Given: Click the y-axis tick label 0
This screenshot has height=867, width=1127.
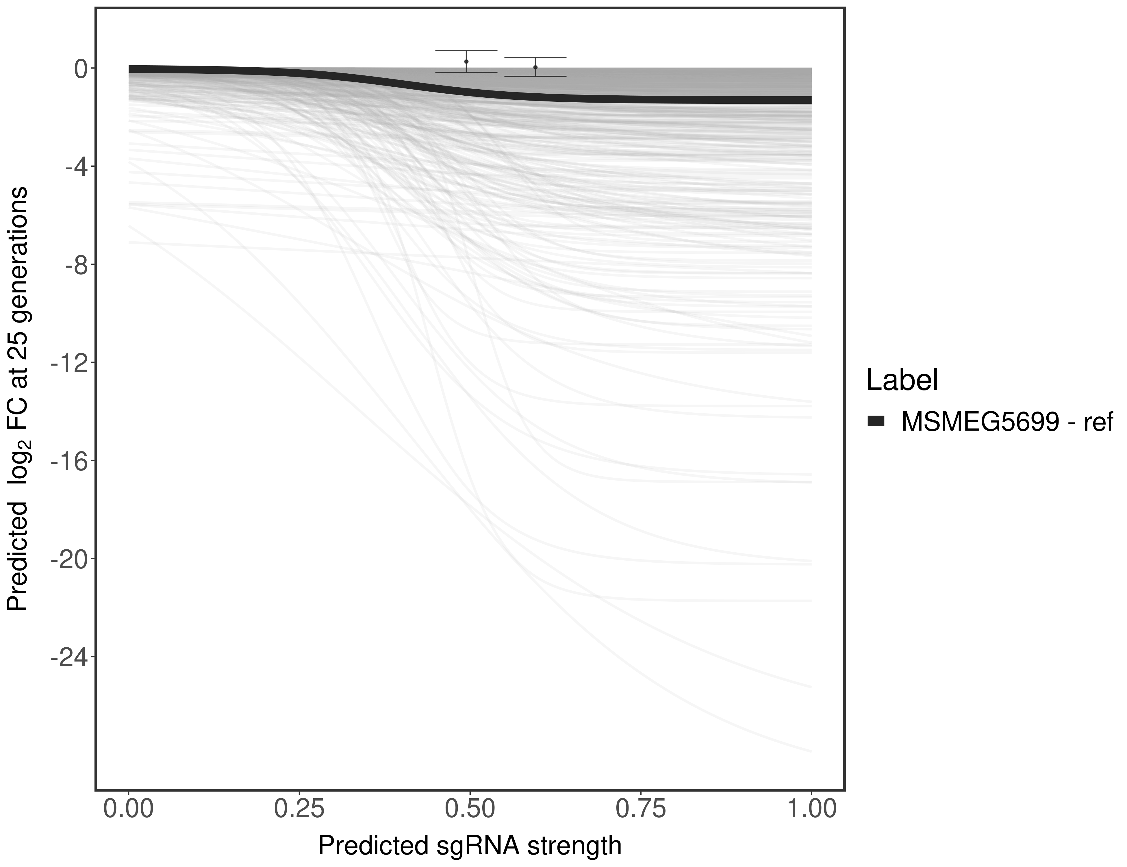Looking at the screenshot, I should point(81,69).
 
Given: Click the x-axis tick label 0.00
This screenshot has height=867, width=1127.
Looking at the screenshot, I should point(129,808).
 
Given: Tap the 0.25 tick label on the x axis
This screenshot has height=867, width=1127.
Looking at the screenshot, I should point(299,808).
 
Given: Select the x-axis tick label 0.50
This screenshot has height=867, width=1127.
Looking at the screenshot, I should point(470,808).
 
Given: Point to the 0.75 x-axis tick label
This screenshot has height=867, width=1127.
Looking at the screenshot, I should point(641,808).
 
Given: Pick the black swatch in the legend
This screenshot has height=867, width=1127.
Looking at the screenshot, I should point(876,422).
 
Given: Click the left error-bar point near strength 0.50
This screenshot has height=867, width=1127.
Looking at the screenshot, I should point(466,61).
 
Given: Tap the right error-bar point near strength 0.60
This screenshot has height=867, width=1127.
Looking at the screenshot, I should point(536,67).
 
